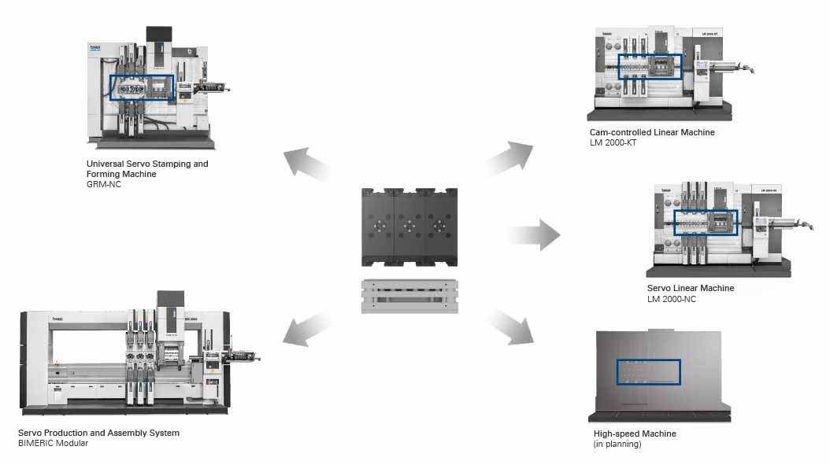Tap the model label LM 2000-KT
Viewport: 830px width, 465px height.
click(613, 143)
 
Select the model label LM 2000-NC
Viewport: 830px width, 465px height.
click(671, 299)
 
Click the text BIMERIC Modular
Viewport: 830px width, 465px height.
click(53, 443)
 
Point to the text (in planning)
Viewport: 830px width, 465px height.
click(617, 444)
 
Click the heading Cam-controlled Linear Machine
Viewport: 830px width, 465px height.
click(652, 132)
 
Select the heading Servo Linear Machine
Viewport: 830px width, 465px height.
click(691, 288)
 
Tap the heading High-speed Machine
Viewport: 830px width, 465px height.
click(635, 434)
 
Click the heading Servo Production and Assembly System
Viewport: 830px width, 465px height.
click(98, 433)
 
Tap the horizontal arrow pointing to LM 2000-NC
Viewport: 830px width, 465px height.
click(532, 234)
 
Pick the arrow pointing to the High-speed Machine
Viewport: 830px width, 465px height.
click(509, 325)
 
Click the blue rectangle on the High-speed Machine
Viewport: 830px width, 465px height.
click(648, 372)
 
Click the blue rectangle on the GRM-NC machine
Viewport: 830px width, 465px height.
click(141, 87)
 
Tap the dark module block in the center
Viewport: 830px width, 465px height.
click(409, 227)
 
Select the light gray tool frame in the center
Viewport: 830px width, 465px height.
click(409, 296)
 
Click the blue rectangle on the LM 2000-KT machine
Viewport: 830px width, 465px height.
click(650, 67)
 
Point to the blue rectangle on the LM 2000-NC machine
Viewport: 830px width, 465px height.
click(706, 223)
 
